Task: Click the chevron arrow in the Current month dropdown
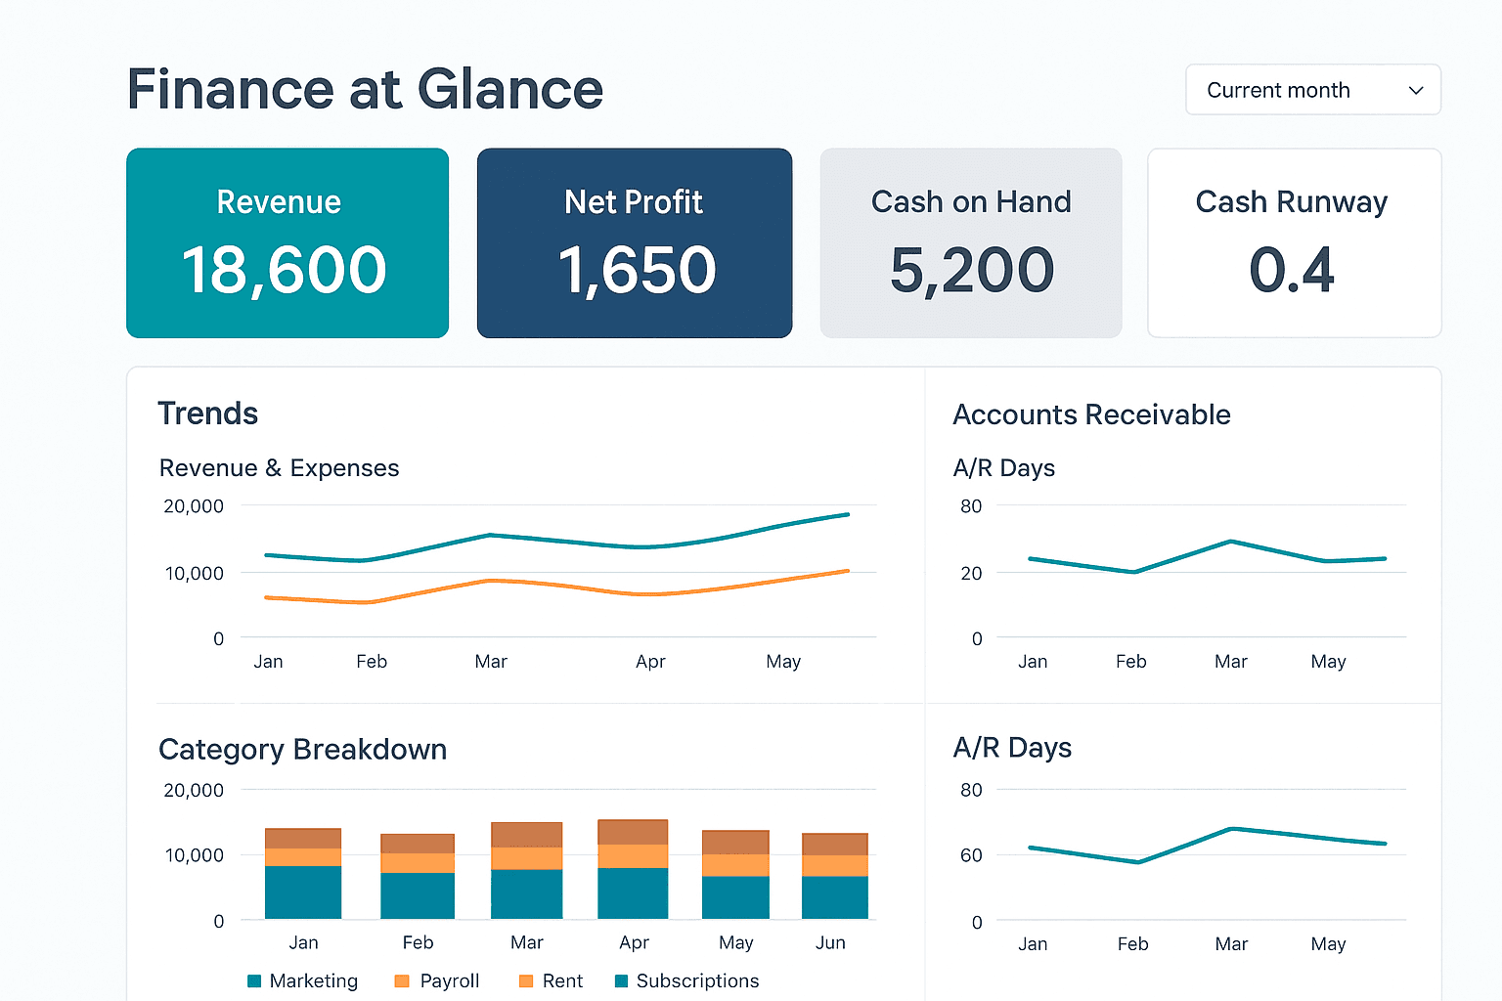coord(1415,91)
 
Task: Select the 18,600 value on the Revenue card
coord(285,270)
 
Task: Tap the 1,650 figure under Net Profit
coord(637,270)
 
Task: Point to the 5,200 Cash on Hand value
coord(972,270)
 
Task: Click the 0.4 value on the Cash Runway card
coord(1292,270)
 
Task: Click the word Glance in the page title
coord(509,90)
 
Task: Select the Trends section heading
coord(208,413)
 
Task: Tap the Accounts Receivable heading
coord(1091,414)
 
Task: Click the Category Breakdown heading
coord(302,750)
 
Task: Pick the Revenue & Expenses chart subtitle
coord(279,468)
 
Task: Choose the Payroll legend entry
coord(437,980)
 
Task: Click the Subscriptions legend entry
coord(686,980)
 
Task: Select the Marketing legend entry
coord(303,980)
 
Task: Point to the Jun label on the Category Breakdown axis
coord(830,942)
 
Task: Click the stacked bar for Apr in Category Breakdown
coord(633,869)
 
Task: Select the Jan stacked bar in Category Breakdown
coord(303,873)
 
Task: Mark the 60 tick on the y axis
coord(971,855)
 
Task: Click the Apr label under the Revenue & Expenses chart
coord(650,662)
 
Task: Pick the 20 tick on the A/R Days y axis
coord(971,573)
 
